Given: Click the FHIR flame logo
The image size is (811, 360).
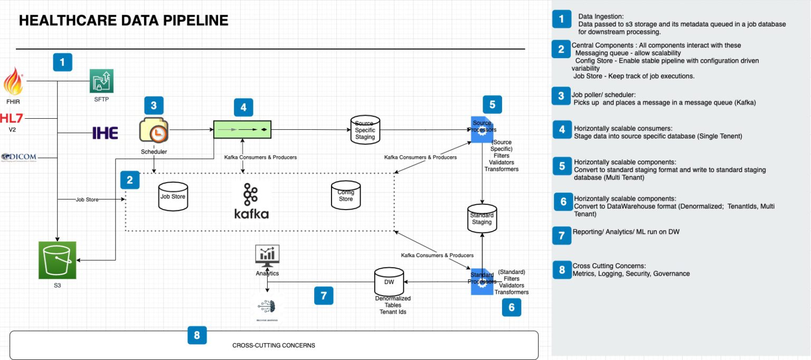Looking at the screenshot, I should tap(13, 82).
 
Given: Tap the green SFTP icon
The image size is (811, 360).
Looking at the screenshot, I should tap(101, 81).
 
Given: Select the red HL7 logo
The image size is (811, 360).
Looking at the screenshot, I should tap(12, 117).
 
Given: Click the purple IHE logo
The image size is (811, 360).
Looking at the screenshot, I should tap(105, 132).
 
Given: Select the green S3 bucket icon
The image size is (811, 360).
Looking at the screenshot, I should tap(57, 260).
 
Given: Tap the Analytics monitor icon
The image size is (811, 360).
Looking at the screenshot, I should tap(267, 255).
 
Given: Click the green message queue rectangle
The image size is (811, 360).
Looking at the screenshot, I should tap(242, 129).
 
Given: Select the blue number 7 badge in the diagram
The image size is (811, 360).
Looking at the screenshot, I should tap(324, 296).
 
